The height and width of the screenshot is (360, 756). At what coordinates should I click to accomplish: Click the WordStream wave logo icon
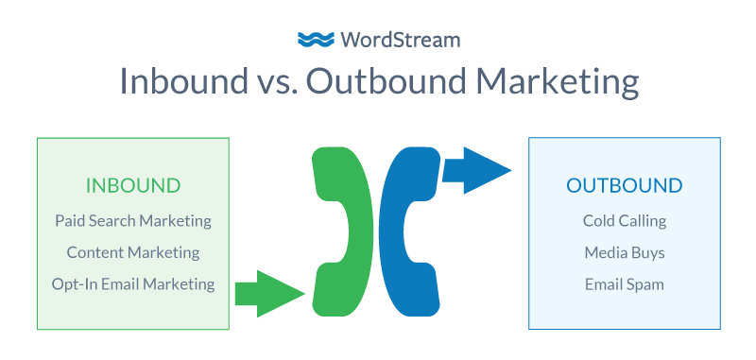(x=315, y=39)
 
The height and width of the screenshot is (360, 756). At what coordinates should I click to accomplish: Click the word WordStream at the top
(x=394, y=39)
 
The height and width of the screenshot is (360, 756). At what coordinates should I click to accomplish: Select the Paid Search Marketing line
(x=133, y=221)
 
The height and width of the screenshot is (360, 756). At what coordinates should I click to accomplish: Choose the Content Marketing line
(x=133, y=252)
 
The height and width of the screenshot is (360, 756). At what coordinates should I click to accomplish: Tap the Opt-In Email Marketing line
(x=133, y=283)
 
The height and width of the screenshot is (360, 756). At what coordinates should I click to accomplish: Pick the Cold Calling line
(x=624, y=221)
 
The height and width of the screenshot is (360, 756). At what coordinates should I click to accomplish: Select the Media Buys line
(x=624, y=252)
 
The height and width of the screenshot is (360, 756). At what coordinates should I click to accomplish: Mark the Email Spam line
(x=624, y=283)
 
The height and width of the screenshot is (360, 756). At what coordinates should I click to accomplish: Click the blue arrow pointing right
(x=476, y=170)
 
